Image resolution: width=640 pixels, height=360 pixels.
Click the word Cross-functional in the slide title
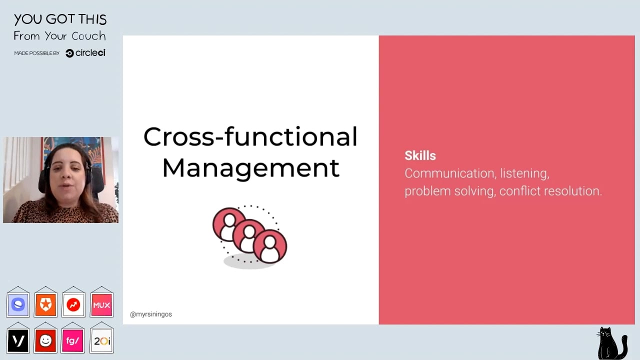coord(250,136)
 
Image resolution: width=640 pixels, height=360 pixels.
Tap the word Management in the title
coord(251,168)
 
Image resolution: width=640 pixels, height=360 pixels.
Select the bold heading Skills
coord(420,155)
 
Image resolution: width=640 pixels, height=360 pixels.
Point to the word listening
coord(524,173)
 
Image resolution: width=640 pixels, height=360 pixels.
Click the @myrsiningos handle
coord(151,314)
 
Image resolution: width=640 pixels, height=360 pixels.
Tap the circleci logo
coord(85,53)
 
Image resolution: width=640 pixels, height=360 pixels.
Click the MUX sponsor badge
coord(101,305)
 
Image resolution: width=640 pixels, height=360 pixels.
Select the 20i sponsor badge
coord(101,340)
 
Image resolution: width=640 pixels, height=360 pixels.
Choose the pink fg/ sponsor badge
coord(72,340)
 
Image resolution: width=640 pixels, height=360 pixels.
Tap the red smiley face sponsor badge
coord(45,340)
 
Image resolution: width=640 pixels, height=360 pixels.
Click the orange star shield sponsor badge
coord(45,305)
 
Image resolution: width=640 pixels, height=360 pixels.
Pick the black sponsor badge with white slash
coord(18,340)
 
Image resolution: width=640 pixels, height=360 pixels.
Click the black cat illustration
coord(611,343)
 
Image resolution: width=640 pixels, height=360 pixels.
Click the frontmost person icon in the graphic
coord(269,246)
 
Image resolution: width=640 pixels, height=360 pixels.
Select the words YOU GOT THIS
coord(60,19)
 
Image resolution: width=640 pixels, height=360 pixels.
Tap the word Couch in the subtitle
coord(88,36)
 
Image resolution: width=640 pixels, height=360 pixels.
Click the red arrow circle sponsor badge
coord(73,305)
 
